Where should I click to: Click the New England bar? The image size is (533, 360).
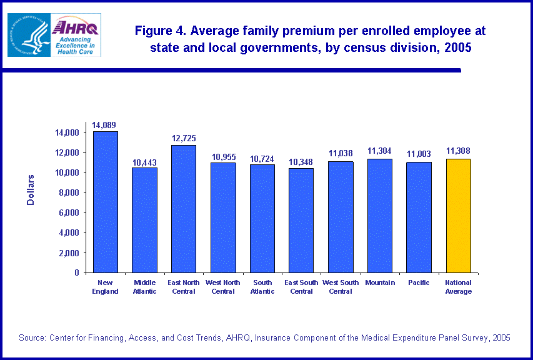105,202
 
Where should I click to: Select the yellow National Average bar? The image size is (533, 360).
458,216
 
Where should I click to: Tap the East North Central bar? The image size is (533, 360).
184,209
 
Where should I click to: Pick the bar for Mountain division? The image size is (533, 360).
380,216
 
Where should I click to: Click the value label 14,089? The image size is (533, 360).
105,125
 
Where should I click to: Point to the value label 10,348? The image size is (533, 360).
301,162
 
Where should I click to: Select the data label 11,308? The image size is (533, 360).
459,151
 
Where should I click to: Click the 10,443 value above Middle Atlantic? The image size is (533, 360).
145,162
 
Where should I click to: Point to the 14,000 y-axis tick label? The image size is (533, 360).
66,132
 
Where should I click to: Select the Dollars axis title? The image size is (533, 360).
31,190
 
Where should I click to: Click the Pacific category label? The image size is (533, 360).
419,282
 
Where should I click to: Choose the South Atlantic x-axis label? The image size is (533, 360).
262,287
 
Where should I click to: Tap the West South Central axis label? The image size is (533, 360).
341,287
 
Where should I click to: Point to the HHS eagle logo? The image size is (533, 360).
27,35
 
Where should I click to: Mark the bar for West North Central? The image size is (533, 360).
223,217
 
